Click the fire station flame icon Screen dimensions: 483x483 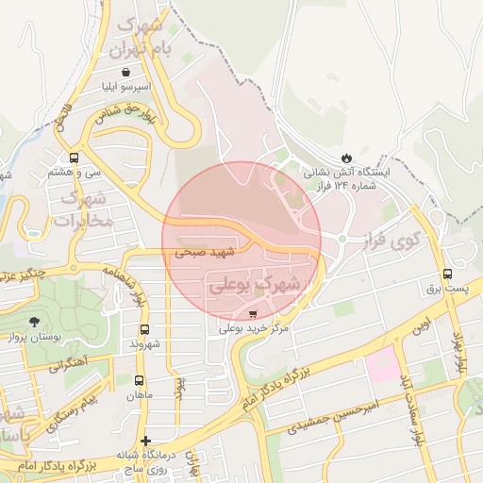[x=346, y=157]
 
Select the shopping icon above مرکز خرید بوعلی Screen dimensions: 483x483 [x=252, y=313]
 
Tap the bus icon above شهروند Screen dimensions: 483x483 [x=144, y=329]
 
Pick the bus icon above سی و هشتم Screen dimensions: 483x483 [x=74, y=158]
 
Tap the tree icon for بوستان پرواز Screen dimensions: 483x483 [x=35, y=323]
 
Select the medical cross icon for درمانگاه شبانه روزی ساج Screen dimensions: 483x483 [x=144, y=441]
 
